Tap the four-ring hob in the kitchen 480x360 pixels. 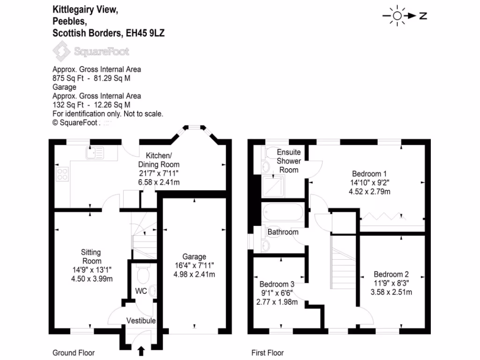(x=62, y=174)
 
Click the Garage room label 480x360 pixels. (x=194, y=257)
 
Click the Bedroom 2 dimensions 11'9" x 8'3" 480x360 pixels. (x=391, y=283)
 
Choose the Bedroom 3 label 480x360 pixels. (x=277, y=284)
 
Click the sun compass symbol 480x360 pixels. (x=397, y=16)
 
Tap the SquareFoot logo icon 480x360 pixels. (x=60, y=52)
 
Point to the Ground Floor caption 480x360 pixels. (x=74, y=353)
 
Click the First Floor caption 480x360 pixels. (x=268, y=353)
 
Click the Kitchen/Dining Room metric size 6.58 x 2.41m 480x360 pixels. (x=158, y=181)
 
